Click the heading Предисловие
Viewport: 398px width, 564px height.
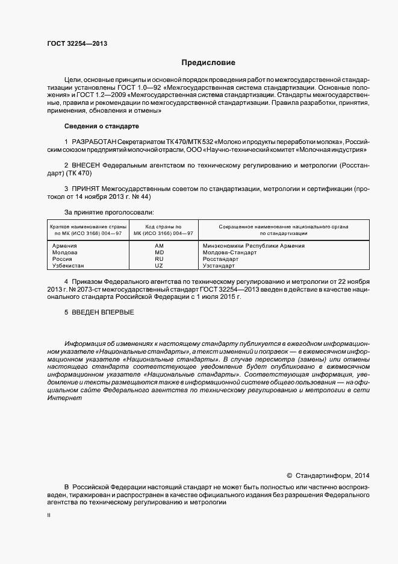coord(208,63)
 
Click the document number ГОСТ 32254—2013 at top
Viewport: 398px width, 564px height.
coord(78,44)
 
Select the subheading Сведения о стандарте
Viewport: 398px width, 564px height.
coord(101,126)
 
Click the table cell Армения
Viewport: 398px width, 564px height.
coord(66,246)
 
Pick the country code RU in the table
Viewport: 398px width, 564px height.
coord(159,259)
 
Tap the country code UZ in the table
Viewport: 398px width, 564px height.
coord(159,266)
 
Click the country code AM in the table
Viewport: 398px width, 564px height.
coord(159,246)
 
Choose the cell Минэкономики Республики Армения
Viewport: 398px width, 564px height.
coord(253,246)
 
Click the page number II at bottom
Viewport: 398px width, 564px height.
coord(49,516)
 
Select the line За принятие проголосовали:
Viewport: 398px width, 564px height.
coord(108,212)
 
